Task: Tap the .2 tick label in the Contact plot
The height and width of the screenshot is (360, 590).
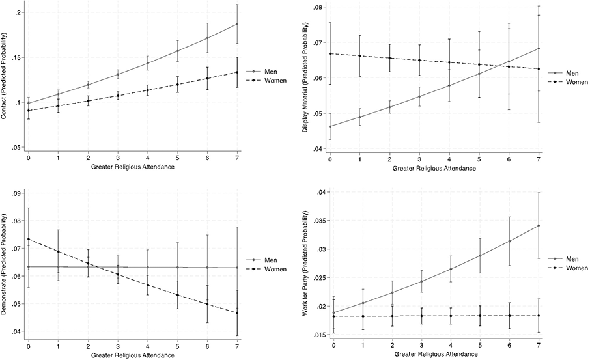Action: coord(20,13)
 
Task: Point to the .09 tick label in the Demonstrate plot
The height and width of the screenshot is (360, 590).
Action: coord(18,193)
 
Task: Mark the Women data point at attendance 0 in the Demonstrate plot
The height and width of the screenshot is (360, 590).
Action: coord(28,239)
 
